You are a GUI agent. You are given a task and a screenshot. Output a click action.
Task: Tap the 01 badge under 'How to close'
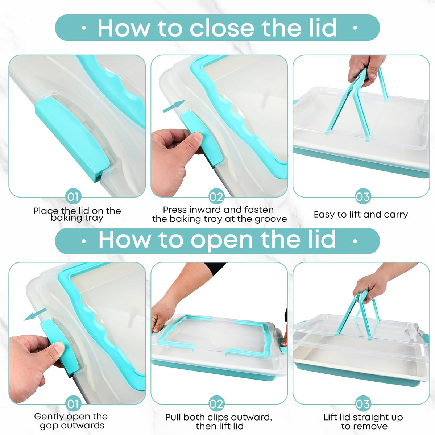coord(73,197)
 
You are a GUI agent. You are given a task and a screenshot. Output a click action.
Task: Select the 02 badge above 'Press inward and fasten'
coord(216,197)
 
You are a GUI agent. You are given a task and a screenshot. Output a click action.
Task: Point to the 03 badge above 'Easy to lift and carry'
coord(363,197)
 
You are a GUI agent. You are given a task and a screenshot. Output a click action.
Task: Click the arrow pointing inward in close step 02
coord(174,106)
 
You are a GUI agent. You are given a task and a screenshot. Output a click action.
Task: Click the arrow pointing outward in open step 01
coord(36,314)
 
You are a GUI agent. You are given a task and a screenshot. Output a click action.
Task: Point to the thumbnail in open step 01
coord(59,347)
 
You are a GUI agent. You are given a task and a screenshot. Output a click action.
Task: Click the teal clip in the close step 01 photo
coord(72,138)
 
